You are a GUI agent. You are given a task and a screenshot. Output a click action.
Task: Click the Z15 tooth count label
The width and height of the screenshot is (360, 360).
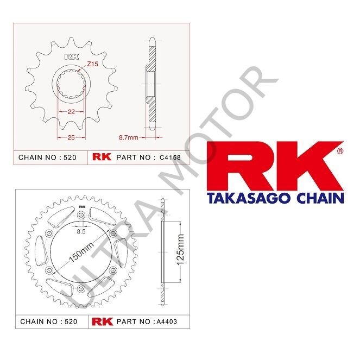[x=92, y=65]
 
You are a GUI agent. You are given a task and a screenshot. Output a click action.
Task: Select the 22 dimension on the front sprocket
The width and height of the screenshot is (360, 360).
[x=71, y=111]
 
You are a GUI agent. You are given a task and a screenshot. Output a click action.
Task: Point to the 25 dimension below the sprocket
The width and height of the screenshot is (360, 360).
[x=71, y=138]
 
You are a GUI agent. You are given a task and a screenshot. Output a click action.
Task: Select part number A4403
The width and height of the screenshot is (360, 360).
[x=166, y=321]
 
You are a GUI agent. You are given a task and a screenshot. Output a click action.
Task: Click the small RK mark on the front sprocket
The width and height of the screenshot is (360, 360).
[x=71, y=57]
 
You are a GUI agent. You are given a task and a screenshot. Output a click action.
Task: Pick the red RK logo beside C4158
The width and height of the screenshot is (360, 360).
[x=102, y=157]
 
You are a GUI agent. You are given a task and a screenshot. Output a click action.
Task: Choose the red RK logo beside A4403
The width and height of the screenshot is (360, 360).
[x=102, y=321]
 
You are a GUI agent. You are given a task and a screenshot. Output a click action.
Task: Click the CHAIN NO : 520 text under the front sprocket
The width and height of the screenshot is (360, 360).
[x=48, y=157]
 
